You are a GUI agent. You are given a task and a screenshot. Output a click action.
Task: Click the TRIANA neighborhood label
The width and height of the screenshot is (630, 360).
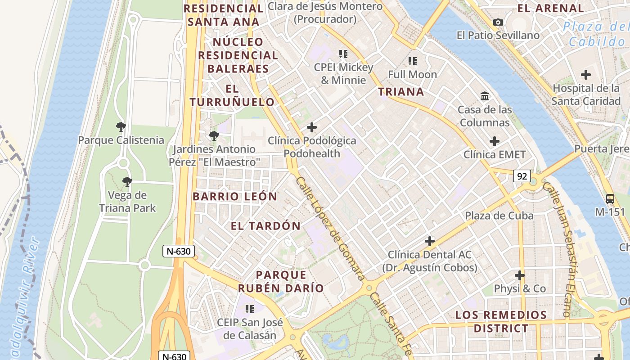(401, 92)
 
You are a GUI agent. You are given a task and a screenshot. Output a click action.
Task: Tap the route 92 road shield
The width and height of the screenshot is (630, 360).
(522, 176)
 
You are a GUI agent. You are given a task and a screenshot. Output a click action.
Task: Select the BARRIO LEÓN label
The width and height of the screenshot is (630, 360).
(235, 196)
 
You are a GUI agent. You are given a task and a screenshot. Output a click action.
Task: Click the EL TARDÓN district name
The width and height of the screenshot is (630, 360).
(265, 226)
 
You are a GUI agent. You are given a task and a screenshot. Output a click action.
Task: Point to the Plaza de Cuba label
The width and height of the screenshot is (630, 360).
(499, 216)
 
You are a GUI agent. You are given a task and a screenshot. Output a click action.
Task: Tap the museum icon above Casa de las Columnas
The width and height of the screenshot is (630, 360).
(485, 96)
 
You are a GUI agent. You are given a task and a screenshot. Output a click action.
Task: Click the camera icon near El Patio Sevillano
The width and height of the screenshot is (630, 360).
(498, 22)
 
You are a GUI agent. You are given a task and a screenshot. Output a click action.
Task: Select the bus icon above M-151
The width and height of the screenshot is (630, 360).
(610, 198)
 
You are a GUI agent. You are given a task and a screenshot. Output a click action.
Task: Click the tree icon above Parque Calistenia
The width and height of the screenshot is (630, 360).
(121, 127)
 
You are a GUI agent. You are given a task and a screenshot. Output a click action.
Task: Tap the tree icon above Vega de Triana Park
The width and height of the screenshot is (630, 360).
(127, 182)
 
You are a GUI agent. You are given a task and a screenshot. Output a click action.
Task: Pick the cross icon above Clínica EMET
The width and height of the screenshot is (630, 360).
(495, 141)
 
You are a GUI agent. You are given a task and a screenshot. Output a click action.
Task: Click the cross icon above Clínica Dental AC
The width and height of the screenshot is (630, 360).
(430, 241)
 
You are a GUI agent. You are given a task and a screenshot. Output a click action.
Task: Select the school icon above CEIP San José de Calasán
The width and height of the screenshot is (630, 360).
(249, 309)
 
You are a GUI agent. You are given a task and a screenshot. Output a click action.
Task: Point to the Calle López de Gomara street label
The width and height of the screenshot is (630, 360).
(329, 229)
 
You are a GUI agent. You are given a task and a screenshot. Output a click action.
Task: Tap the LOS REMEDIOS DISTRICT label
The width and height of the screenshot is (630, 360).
(500, 321)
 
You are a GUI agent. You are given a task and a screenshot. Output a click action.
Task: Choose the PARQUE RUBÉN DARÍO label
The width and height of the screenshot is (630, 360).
(281, 281)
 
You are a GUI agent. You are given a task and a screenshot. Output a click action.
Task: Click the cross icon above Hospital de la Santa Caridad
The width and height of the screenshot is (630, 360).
(586, 75)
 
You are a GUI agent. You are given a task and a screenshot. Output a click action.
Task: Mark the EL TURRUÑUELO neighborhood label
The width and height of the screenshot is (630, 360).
(232, 95)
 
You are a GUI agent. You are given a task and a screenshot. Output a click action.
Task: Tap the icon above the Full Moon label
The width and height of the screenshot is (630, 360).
(412, 61)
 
